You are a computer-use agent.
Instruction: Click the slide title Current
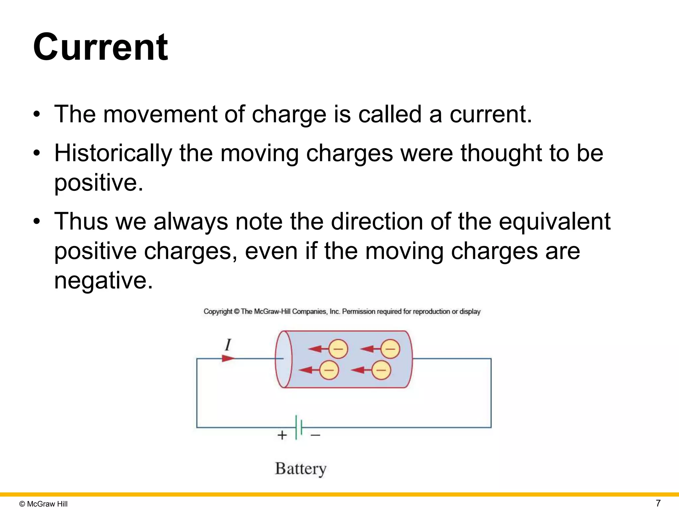click(x=101, y=47)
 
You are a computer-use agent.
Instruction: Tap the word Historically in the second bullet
click(x=113, y=153)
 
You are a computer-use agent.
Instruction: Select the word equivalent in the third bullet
click(x=554, y=221)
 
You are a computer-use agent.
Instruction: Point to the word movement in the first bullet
click(x=160, y=114)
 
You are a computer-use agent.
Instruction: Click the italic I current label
click(x=228, y=345)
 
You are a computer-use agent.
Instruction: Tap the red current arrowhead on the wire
click(x=228, y=359)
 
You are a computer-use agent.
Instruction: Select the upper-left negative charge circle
click(x=338, y=349)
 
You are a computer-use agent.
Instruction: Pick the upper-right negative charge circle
click(x=390, y=349)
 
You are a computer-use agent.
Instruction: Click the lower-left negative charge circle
click(x=329, y=370)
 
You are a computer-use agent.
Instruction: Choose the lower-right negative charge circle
click(x=381, y=370)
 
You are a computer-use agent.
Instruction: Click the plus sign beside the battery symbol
click(x=282, y=435)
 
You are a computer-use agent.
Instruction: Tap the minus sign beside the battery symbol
click(x=315, y=435)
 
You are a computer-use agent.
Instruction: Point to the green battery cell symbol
click(x=299, y=427)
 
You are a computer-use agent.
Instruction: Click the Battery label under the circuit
click(x=301, y=469)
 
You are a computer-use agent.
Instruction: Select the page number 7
click(x=658, y=503)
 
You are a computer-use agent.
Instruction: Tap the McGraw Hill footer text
click(x=43, y=504)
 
